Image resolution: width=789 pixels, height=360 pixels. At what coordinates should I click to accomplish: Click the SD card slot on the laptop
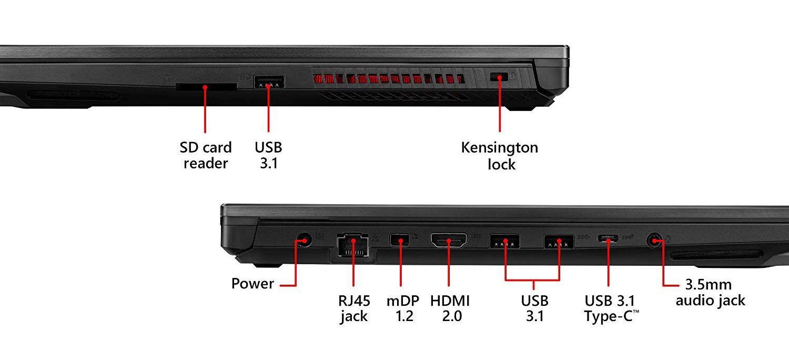206,86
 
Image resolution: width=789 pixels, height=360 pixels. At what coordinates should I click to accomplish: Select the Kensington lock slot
500,77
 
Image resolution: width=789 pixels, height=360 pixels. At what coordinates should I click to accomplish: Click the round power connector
303,241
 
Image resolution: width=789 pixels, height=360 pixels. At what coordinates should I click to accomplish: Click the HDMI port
449,241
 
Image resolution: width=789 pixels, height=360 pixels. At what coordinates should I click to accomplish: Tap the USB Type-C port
608,240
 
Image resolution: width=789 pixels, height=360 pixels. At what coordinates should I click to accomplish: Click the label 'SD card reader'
206,155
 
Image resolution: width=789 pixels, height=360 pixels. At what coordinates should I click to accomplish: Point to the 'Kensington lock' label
500,155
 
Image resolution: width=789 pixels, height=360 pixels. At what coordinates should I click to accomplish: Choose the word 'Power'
252,284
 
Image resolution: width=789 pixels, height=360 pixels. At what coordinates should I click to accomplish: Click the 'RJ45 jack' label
354,308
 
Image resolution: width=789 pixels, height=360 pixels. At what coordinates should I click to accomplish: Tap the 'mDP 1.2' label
403,308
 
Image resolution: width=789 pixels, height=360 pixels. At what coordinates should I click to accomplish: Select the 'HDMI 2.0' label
450,308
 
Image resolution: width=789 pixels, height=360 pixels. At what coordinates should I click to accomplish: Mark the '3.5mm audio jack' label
710,293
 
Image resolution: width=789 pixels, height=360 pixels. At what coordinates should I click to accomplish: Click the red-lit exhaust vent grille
389,79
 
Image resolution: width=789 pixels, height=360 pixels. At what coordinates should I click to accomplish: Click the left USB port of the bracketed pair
504,242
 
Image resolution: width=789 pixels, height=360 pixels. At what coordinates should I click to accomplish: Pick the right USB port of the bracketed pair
559,242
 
